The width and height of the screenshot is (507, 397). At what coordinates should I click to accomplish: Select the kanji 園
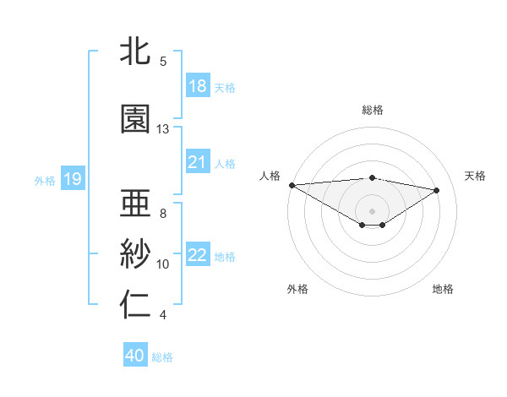point(136,119)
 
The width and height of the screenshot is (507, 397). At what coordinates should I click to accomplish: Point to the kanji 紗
point(136,254)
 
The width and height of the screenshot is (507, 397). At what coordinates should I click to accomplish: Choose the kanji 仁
point(136,306)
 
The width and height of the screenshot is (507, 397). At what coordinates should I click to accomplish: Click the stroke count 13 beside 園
point(163,129)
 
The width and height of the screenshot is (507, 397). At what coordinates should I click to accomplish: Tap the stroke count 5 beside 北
point(163,62)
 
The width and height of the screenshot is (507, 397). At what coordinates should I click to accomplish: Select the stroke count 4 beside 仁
point(163,315)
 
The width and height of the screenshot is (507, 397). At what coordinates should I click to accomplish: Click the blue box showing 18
point(197,86)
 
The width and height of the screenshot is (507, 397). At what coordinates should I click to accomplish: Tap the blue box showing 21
point(197,162)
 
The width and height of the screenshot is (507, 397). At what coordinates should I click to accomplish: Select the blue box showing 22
point(197,255)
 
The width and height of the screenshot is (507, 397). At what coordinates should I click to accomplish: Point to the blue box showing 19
point(73,178)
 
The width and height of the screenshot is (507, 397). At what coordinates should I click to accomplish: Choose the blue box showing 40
point(135,356)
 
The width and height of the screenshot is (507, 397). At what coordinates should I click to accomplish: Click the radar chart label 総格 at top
point(372,110)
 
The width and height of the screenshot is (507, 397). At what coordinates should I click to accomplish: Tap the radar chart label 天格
point(475,176)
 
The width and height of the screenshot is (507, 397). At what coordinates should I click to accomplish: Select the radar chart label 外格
point(297,289)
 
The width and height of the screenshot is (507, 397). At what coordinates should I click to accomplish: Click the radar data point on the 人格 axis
point(292,185)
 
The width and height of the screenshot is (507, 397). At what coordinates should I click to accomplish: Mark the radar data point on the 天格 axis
point(437,189)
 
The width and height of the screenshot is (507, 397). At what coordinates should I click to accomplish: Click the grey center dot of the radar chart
point(372,209)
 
